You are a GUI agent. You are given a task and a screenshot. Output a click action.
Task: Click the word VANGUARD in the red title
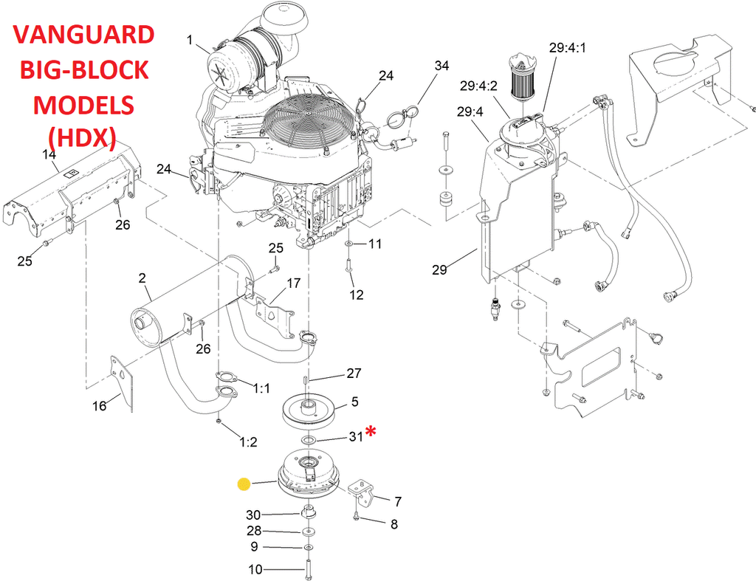[x=84, y=35]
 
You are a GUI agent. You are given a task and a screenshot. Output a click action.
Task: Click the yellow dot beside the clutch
[x=244, y=484]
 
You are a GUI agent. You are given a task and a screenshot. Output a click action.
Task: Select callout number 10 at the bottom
[x=255, y=569]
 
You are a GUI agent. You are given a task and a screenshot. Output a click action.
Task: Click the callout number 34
[x=441, y=66]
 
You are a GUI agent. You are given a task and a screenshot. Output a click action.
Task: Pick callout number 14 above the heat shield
[x=49, y=154]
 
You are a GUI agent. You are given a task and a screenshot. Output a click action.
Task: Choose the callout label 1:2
[x=248, y=442]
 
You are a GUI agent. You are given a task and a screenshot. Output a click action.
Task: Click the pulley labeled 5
[x=309, y=410]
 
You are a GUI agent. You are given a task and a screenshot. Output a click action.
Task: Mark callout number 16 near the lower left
[x=98, y=405]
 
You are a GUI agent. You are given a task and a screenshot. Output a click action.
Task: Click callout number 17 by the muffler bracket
[x=293, y=283]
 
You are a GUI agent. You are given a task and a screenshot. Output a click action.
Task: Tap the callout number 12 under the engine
[x=357, y=295]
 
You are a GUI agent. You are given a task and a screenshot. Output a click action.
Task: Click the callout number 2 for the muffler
[x=142, y=278]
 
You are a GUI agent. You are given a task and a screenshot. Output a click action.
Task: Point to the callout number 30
[x=253, y=515]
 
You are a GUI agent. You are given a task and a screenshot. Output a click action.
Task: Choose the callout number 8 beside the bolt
[x=394, y=524]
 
